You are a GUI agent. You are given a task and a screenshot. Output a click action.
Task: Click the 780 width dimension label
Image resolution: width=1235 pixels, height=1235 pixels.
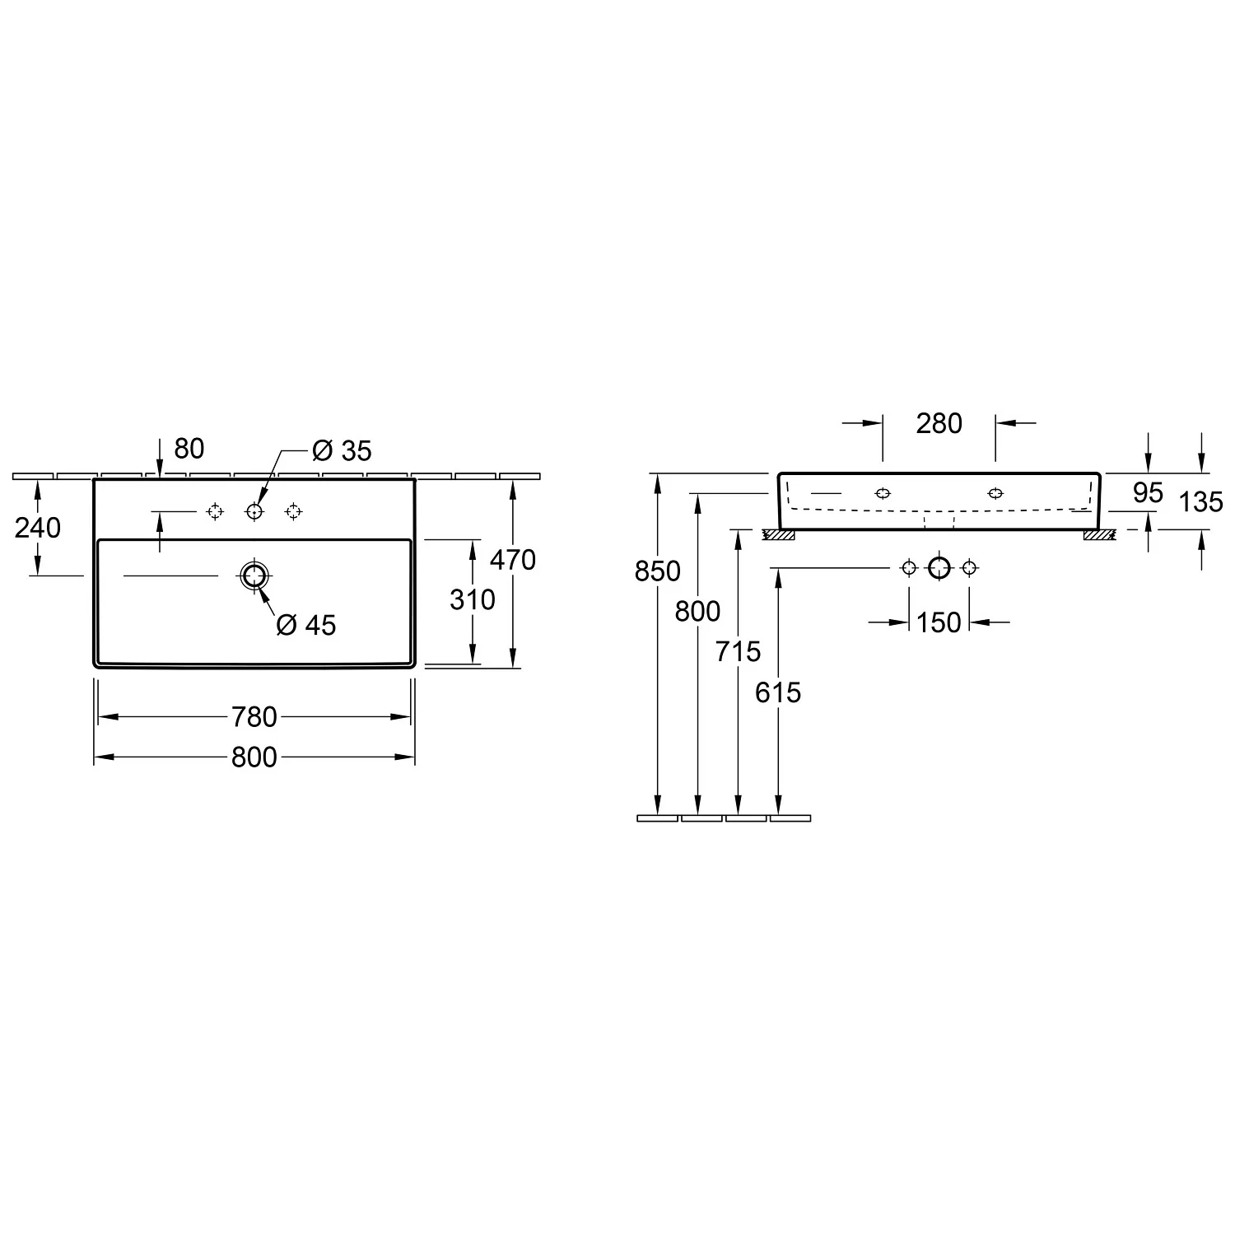click(254, 717)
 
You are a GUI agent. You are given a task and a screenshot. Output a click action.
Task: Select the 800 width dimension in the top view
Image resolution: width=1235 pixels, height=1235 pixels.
click(254, 757)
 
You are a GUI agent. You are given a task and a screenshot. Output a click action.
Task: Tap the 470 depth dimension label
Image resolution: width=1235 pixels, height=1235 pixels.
click(512, 560)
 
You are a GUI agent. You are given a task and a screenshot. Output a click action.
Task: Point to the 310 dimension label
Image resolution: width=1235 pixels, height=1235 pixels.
click(473, 599)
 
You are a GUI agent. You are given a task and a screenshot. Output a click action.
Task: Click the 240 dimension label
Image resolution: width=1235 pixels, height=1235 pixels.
click(38, 528)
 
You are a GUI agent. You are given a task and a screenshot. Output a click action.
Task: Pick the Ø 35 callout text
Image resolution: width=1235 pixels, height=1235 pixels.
click(342, 450)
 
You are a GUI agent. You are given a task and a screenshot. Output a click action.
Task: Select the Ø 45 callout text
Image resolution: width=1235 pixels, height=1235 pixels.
click(306, 626)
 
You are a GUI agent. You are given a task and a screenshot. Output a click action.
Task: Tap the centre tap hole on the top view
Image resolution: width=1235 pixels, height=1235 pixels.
click(254, 512)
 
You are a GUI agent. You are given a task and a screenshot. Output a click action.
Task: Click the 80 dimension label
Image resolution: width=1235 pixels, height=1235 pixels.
click(189, 449)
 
